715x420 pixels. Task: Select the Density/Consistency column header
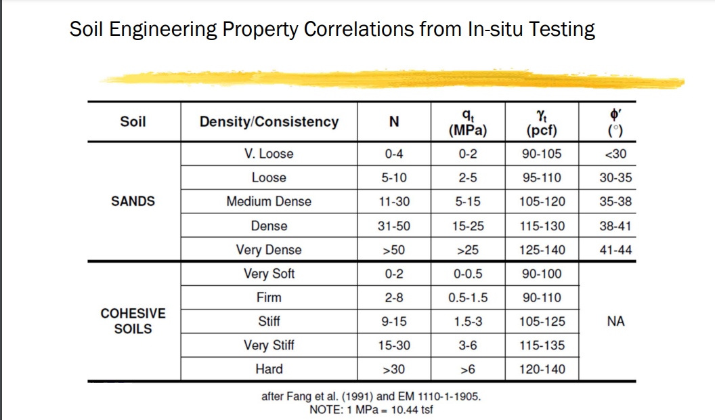click(269, 122)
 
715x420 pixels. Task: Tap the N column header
click(394, 122)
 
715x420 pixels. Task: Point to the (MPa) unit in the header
click(468, 130)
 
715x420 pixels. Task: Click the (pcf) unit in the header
click(542, 130)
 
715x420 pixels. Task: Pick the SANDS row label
click(133, 201)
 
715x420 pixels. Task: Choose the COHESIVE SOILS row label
click(133, 321)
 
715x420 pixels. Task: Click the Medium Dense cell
click(269, 201)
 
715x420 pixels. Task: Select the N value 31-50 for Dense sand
click(394, 226)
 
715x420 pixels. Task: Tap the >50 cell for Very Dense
click(394, 250)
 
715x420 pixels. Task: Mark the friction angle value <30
click(615, 154)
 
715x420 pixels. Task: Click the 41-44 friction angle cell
click(615, 250)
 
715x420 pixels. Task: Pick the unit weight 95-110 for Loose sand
click(542, 177)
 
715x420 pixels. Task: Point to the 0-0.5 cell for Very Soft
click(468, 274)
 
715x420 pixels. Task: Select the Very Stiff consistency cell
click(269, 345)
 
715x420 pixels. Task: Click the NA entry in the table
click(615, 322)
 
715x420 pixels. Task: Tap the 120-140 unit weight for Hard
click(542, 369)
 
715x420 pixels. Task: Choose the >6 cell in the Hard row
click(468, 369)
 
